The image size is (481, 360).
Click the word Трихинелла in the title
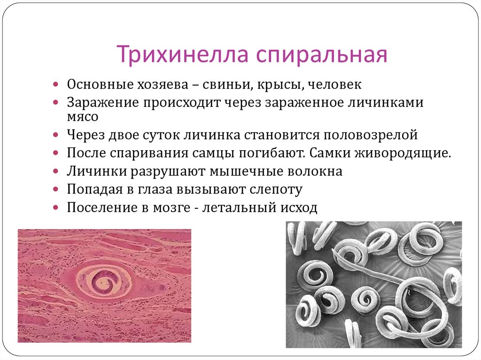[x=183, y=54]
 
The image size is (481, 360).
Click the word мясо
[x=83, y=117]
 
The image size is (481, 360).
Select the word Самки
[x=330, y=153]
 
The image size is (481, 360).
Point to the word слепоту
[x=276, y=190]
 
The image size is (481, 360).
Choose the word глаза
[x=155, y=190]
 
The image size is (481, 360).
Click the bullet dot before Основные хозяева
[x=55, y=84]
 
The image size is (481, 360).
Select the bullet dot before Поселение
[x=55, y=207]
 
